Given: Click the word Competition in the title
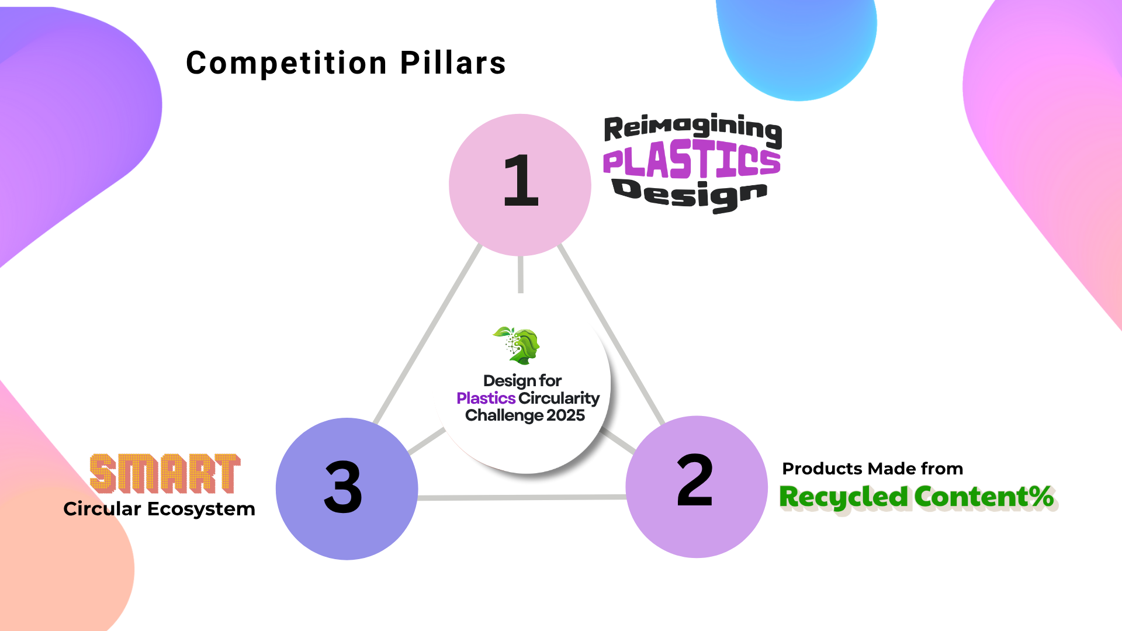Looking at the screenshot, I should tap(286, 63).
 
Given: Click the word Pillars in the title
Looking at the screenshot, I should tap(453, 63).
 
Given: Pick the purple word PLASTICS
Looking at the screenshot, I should tap(692, 161).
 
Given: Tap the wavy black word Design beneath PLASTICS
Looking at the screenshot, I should tap(690, 195).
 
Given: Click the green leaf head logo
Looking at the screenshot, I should tap(517, 345).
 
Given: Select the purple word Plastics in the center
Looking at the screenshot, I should tap(486, 398).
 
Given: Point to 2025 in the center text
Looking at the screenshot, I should tap(566, 415).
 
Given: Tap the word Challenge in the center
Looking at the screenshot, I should tap(504, 415).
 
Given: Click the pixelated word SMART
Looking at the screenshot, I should tap(165, 473).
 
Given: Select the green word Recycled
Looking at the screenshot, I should tap(844, 497).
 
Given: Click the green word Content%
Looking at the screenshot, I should tap(984, 497).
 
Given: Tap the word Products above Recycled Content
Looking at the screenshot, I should tap(822, 469).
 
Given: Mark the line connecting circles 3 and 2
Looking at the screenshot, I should tap(521, 498).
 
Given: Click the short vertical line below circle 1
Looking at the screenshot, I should tap(521, 275).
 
